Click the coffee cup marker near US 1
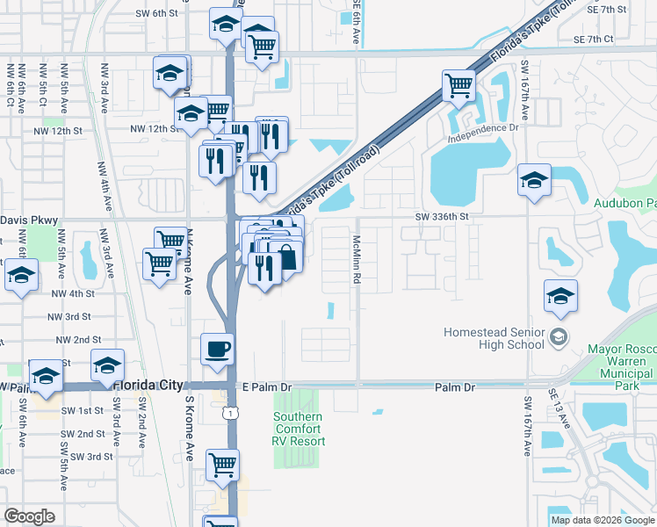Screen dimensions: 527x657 click(218, 350)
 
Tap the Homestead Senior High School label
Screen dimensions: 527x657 click(494, 339)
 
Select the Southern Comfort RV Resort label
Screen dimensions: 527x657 click(299, 428)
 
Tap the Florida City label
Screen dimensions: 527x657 click(148, 386)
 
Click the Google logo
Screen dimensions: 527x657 click(29, 516)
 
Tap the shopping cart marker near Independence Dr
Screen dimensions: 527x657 click(458, 86)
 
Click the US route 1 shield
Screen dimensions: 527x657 click(230, 412)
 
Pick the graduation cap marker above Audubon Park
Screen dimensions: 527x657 click(534, 180)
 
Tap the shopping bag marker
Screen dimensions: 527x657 click(286, 256)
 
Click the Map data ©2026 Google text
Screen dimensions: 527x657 click(603, 520)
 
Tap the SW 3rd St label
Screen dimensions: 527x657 click(92, 457)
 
